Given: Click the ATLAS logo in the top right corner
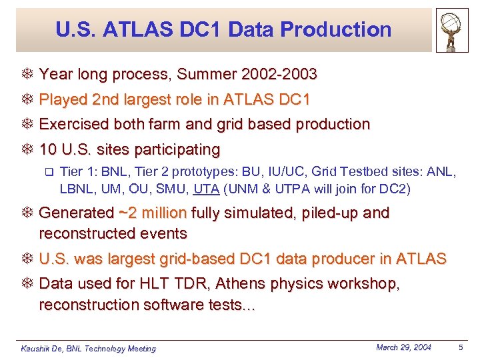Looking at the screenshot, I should click(x=452, y=30).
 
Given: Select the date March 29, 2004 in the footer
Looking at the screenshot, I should click(x=403, y=347).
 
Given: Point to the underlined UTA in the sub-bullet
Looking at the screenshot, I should click(x=207, y=189).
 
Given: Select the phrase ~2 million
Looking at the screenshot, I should click(x=153, y=213).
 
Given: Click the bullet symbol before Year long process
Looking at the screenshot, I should click(x=28, y=75).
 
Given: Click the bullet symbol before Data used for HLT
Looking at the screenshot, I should click(x=28, y=284).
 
